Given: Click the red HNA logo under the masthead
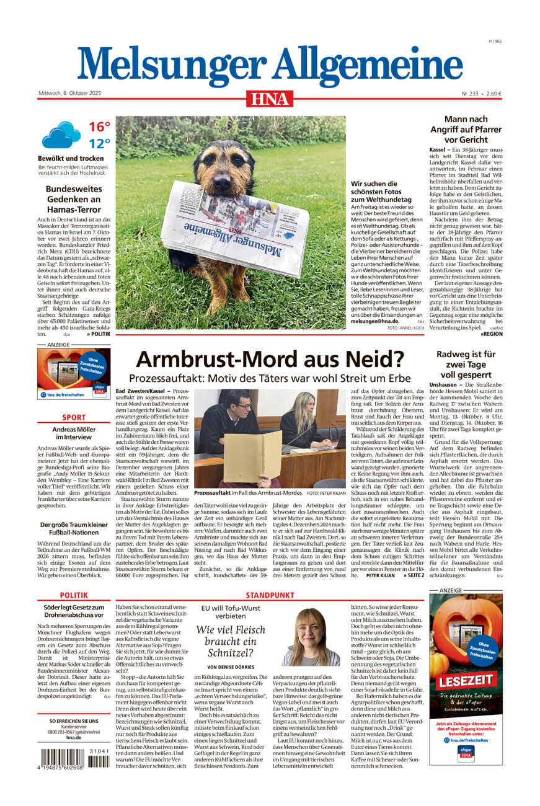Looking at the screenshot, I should (269, 99).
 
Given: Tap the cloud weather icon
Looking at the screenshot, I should (61, 135).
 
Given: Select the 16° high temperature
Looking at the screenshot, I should (99, 127).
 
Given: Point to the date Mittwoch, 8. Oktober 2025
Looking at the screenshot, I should (69, 94).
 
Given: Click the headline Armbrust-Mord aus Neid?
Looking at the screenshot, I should (270, 359).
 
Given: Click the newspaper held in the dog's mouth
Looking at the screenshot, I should (236, 228).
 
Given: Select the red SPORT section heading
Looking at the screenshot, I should (73, 417).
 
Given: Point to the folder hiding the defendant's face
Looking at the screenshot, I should (252, 456).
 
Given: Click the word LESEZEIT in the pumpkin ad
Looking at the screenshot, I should (466, 681).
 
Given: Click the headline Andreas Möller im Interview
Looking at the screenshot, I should (73, 433).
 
